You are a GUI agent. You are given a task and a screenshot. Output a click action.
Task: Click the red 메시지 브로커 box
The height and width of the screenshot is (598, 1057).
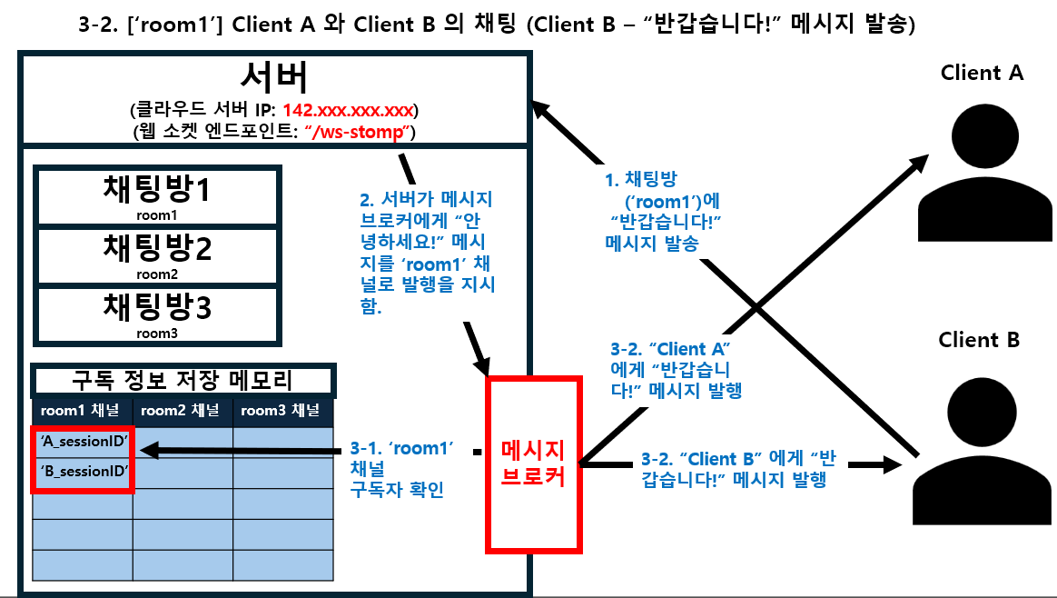click(x=533, y=463)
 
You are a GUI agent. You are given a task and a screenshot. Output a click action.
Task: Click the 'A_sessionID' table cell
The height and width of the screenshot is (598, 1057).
click(x=83, y=442)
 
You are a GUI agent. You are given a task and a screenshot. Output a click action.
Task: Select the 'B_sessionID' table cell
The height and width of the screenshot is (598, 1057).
click(x=83, y=473)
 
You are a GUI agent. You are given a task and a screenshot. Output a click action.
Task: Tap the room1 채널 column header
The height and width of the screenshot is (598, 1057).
click(x=83, y=411)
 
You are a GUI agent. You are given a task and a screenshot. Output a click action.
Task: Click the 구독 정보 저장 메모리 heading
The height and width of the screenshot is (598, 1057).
click(x=183, y=380)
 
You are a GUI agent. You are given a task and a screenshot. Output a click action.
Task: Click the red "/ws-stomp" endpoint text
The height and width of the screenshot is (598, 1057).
click(x=359, y=133)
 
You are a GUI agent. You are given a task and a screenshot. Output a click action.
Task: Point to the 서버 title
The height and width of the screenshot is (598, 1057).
click(x=274, y=78)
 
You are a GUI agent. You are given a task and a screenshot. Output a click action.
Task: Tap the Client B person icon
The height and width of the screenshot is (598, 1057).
click(x=982, y=450)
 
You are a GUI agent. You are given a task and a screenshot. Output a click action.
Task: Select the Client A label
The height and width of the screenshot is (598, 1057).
click(x=982, y=74)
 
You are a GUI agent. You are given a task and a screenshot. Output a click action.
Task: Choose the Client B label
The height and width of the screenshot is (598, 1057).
click(x=979, y=341)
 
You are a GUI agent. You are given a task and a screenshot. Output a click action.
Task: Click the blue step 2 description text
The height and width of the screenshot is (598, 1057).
click(x=427, y=251)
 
